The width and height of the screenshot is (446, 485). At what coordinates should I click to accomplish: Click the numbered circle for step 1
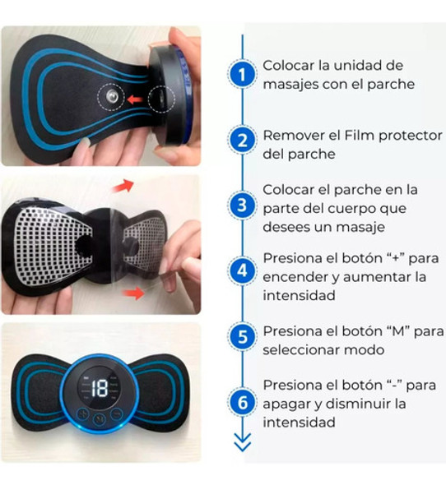(x=242, y=75)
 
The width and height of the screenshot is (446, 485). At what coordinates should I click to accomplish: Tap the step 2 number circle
(x=242, y=140)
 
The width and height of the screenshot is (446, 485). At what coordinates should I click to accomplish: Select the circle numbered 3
(x=242, y=206)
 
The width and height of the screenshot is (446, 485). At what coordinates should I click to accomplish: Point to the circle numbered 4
(x=242, y=270)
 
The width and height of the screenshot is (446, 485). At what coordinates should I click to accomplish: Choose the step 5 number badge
(x=242, y=335)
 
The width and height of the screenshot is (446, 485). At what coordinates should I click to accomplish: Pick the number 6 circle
(x=242, y=402)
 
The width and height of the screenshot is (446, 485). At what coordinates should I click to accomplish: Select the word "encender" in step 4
(x=295, y=277)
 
